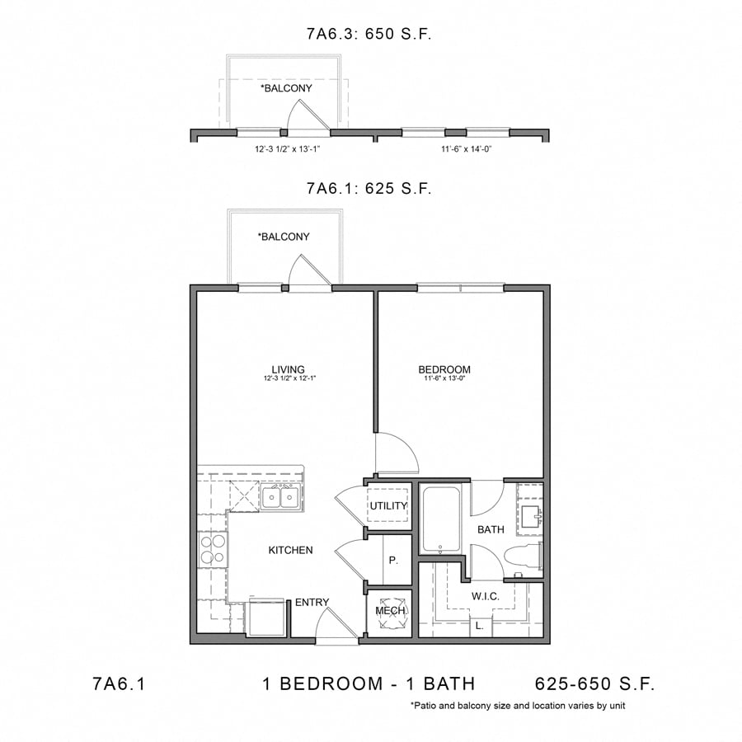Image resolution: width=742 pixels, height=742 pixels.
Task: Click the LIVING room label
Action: [289, 369]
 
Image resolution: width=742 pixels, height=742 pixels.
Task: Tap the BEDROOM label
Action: [444, 369]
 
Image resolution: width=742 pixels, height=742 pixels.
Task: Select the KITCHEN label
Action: [290, 550]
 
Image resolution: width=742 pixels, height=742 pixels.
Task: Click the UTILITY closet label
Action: [388, 505]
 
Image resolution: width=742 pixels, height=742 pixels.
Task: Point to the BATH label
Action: [491, 529]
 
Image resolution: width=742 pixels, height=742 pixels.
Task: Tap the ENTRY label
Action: [312, 603]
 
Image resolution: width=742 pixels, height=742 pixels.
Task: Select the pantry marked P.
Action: [393, 561]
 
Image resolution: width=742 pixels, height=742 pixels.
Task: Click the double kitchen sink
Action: [281, 498]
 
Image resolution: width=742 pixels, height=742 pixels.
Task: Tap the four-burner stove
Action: [212, 549]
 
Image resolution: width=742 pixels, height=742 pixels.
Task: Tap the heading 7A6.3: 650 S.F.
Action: [369, 35]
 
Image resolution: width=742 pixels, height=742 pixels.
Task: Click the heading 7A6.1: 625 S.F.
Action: [369, 188]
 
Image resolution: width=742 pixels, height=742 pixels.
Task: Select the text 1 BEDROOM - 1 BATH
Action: [369, 683]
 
